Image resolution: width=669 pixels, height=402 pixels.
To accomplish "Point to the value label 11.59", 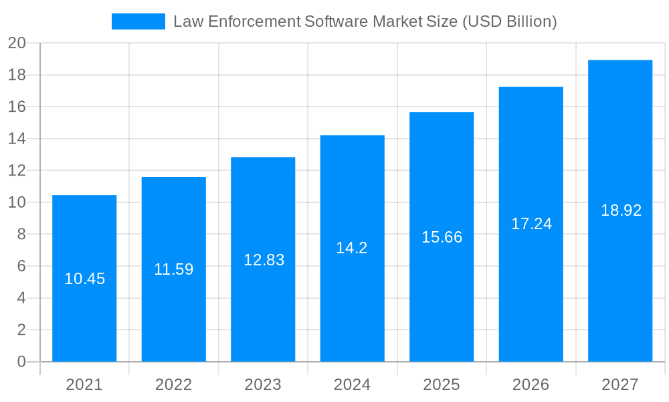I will point(174,269).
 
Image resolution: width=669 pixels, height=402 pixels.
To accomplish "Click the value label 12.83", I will point(264,260).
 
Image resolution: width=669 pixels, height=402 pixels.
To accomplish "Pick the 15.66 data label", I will point(442,237).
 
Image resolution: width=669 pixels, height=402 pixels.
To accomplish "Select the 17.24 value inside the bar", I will point(531,224).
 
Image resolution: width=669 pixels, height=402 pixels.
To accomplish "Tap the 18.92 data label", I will point(621,210).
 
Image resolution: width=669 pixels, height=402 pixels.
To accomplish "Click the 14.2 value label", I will point(352,248).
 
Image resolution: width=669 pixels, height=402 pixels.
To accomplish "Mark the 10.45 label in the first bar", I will point(84,279).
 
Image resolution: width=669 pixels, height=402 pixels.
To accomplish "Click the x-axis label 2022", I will point(174,385).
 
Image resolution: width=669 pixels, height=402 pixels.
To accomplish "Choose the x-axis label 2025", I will point(442,385).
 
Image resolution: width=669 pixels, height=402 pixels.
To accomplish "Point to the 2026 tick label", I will point(531,385).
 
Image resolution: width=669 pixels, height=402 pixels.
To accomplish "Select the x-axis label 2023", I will point(263,385).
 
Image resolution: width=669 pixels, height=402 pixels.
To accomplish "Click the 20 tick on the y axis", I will point(17,43).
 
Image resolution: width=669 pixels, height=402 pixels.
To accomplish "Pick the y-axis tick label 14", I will point(17,139).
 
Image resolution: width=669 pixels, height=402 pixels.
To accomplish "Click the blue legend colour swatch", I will point(138,21).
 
